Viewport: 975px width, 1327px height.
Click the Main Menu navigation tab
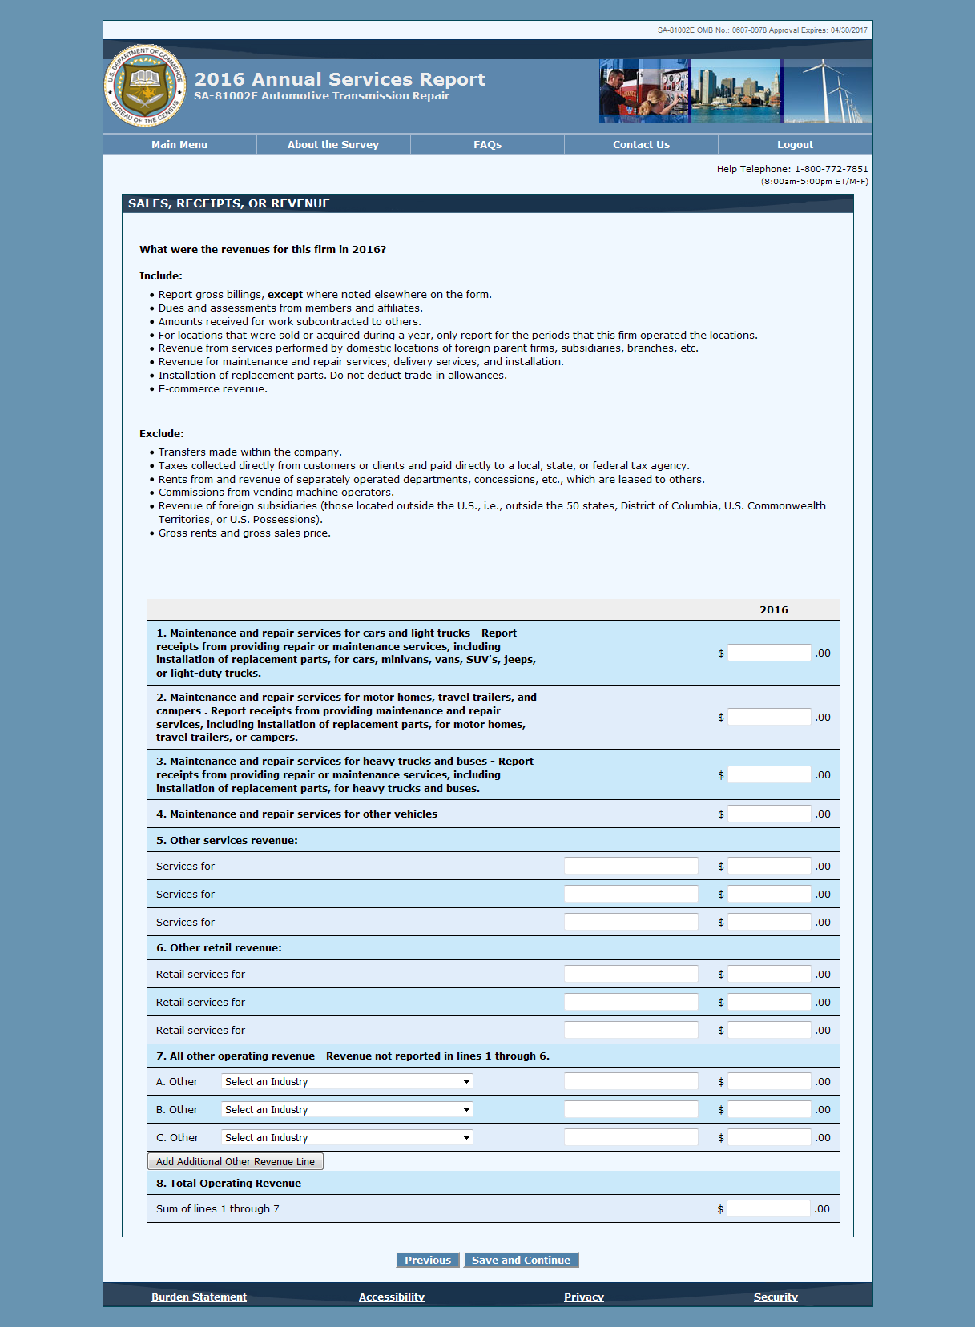tap(179, 145)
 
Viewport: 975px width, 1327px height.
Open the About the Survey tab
tap(333, 145)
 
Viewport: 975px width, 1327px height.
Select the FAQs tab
tap(487, 145)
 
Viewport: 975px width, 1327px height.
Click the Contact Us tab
tap(641, 145)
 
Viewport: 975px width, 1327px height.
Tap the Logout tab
tap(795, 145)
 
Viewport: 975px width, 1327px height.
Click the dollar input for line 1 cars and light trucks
tap(768, 653)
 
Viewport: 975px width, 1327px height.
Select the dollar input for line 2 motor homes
tap(768, 717)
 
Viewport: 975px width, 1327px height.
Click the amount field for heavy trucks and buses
tap(768, 774)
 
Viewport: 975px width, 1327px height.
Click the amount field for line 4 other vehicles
tap(768, 814)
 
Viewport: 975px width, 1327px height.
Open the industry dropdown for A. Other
tap(347, 1082)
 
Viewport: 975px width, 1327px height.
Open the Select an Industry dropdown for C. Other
tap(347, 1138)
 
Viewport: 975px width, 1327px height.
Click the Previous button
tap(428, 1261)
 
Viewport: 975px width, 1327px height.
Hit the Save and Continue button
tap(521, 1261)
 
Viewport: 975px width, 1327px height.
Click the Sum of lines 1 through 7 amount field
tap(768, 1208)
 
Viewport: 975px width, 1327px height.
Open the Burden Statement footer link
tap(199, 1297)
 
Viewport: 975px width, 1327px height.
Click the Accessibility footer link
tap(392, 1297)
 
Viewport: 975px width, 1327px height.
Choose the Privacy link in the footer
tap(584, 1297)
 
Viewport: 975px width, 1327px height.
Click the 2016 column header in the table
tap(774, 610)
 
